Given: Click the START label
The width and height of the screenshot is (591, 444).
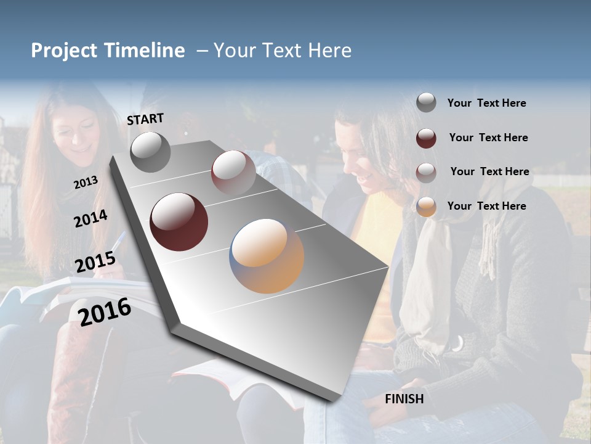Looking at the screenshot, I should [145, 119].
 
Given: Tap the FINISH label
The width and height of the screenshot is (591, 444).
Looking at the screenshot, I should [404, 399].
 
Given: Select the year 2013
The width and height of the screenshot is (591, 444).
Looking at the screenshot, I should [86, 183].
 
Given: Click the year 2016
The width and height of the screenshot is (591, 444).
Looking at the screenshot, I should [105, 311].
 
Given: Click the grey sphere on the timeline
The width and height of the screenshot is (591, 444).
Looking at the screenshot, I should [150, 152].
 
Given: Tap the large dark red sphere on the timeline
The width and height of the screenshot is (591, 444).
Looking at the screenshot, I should [179, 222].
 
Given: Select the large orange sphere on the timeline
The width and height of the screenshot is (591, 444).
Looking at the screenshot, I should [267, 256].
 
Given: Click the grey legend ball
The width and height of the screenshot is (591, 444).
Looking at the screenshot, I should [426, 103].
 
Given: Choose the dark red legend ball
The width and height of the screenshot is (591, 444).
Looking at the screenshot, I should [426, 138].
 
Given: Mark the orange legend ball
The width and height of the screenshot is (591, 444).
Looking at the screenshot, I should [426, 207].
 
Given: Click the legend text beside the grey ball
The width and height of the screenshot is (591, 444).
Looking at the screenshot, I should [486, 104].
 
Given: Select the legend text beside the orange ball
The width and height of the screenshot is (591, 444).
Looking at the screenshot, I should [486, 206].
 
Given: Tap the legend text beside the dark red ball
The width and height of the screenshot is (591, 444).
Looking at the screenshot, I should [488, 138].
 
